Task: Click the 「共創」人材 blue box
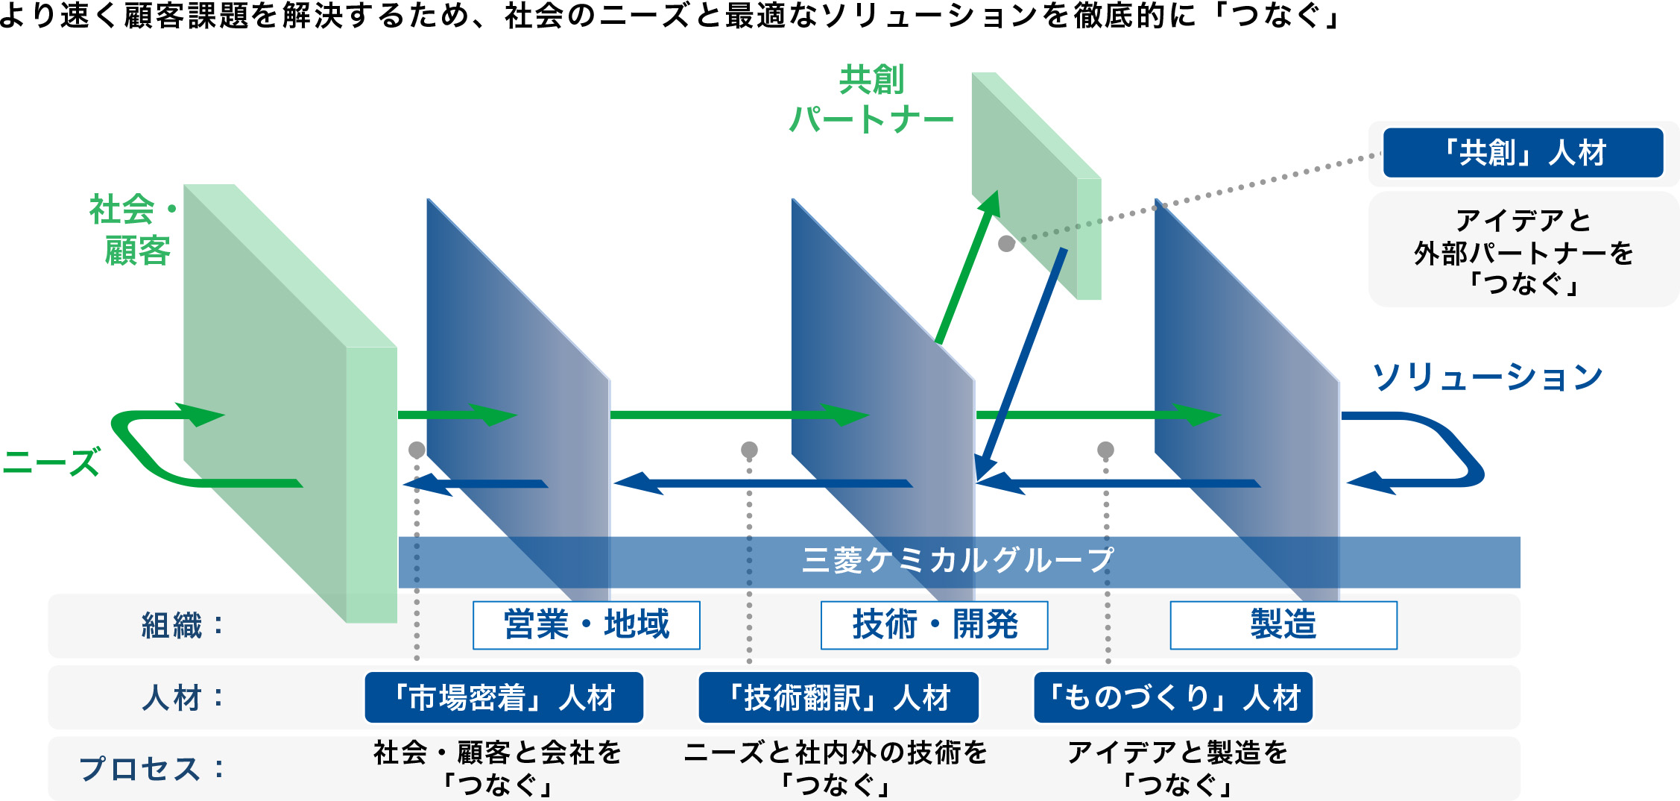[1523, 153]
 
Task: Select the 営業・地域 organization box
[586, 625]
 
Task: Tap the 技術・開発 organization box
[934, 625]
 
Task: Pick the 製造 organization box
[1283, 625]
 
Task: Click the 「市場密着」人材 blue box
[504, 698]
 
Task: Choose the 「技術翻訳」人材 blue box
[839, 698]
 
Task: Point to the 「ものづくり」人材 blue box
[1173, 698]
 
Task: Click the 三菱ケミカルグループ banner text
[958, 561]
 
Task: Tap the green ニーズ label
[51, 462]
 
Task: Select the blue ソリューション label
[1487, 377]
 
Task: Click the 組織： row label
[183, 626]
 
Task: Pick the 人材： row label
[183, 698]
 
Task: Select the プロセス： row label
[151, 769]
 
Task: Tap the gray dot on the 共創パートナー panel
[1006, 244]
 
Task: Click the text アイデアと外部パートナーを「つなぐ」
[1523, 252]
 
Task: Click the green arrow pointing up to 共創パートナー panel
[967, 268]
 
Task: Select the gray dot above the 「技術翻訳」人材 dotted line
[749, 450]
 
